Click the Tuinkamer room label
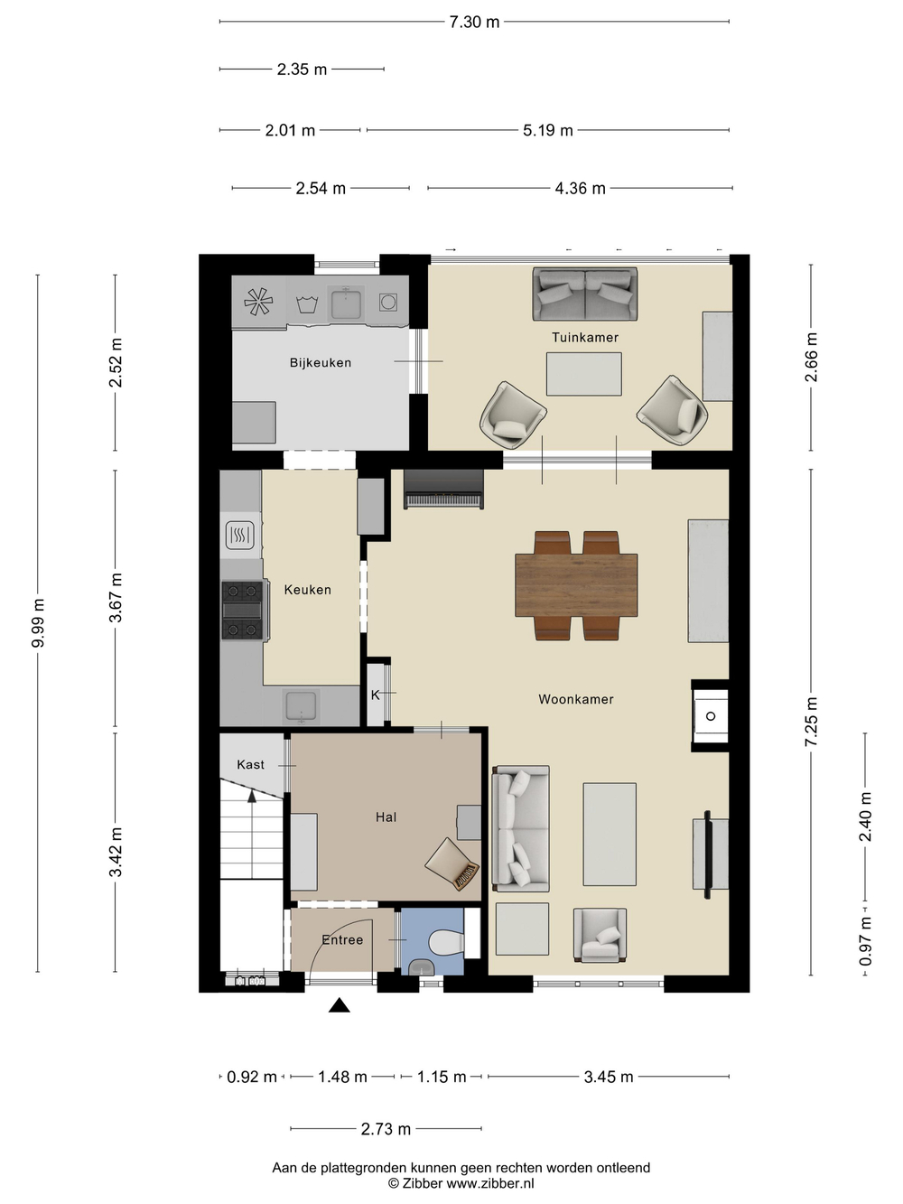pyautogui.click(x=585, y=337)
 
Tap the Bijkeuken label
pyautogui.click(x=321, y=362)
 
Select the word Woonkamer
pyautogui.click(x=576, y=699)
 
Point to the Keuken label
pyautogui.click(x=308, y=590)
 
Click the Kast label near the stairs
pyautogui.click(x=250, y=765)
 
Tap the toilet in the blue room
pyautogui.click(x=447, y=942)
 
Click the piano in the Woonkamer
pyautogui.click(x=443, y=490)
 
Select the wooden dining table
pyautogui.click(x=576, y=585)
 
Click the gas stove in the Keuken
pyautogui.click(x=244, y=610)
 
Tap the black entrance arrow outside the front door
pyautogui.click(x=340, y=1005)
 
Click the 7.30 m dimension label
pyautogui.click(x=474, y=22)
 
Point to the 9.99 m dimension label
pyautogui.click(x=38, y=623)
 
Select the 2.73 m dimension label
pyautogui.click(x=386, y=1129)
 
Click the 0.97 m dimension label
pyautogui.click(x=866, y=941)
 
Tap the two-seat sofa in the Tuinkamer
pyautogui.click(x=585, y=294)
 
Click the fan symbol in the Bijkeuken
pyautogui.click(x=258, y=302)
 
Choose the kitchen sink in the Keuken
pyautogui.click(x=301, y=706)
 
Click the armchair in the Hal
pyautogui.click(x=452, y=863)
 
